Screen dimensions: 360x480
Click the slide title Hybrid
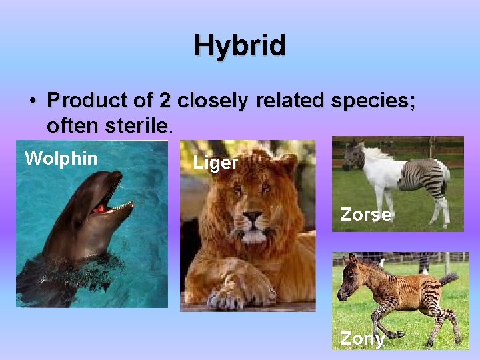coord(240,46)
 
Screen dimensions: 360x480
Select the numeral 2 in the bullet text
coord(165,101)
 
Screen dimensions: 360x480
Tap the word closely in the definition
coord(212,101)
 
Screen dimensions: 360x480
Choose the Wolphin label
coord(61,159)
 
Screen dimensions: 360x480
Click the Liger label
coord(215,163)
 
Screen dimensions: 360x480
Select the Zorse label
coord(365,214)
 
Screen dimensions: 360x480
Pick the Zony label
coord(362,338)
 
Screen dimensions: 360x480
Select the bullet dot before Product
coord(32,101)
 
